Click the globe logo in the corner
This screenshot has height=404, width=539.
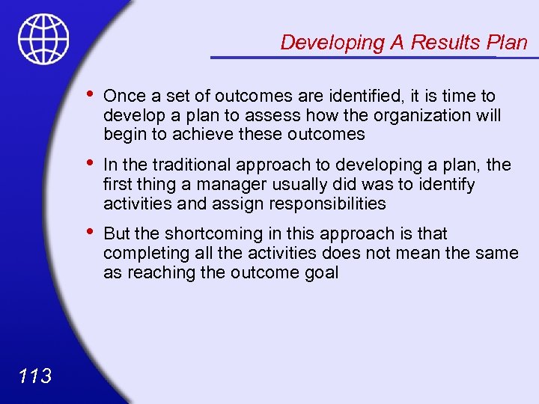point(43,38)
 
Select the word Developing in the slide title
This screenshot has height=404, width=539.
point(332,43)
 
